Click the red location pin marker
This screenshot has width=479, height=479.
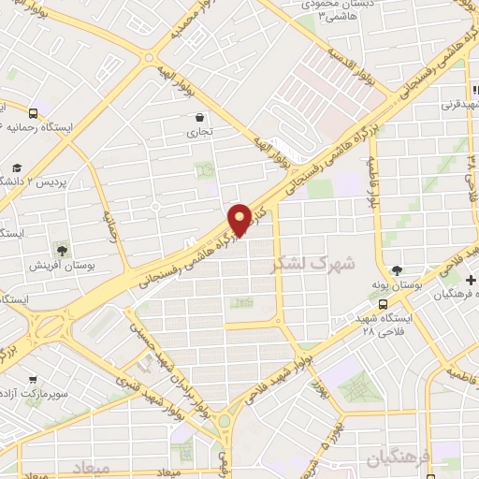[241, 219]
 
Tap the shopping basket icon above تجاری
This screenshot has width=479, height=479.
[201, 118]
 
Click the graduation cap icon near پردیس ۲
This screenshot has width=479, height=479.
[16, 169]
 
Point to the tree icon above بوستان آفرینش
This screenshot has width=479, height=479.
[62, 250]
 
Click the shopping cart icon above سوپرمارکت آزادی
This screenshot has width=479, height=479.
[35, 380]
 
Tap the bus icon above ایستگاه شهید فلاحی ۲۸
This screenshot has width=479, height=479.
[382, 303]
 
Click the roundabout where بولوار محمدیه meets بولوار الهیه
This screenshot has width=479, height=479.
[150, 58]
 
